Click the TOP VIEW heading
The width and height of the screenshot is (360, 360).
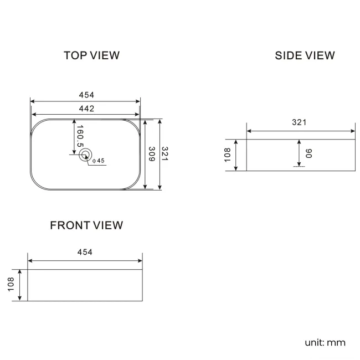click(x=91, y=55)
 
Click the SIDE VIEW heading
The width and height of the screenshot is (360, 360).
click(x=305, y=55)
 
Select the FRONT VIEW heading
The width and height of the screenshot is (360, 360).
click(x=86, y=225)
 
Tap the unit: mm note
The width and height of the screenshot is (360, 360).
click(x=325, y=342)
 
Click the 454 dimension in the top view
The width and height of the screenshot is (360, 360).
click(x=86, y=95)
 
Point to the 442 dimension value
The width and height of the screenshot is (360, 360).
click(x=86, y=109)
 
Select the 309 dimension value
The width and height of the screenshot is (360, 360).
click(x=151, y=155)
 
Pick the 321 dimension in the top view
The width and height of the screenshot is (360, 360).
click(x=165, y=155)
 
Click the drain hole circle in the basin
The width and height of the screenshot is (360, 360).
click(x=85, y=155)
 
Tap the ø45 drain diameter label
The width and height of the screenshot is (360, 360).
click(x=99, y=161)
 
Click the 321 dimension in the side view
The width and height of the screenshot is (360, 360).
click(x=299, y=123)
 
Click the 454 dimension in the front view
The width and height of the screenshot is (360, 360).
click(x=85, y=252)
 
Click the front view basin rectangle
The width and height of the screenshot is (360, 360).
click(x=85, y=286)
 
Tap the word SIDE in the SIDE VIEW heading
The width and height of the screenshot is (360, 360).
click(x=287, y=55)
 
